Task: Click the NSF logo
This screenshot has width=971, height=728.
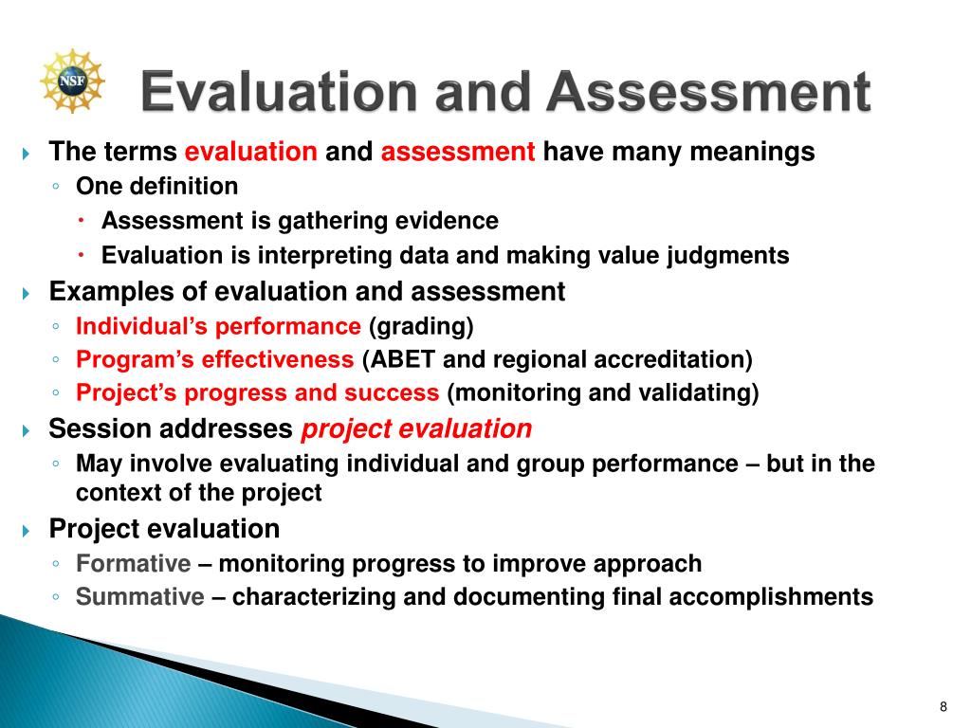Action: coord(72,82)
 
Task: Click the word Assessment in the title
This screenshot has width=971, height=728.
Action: coord(709,92)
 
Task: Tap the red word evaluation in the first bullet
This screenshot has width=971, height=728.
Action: coord(250,152)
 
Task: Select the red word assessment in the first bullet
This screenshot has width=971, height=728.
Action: coord(458,152)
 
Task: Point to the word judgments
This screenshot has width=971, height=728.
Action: coord(727,256)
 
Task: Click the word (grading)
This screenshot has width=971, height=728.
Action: coord(421,326)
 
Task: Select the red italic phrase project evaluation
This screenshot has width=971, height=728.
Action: coord(416,429)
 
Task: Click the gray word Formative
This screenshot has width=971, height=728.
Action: coord(133,564)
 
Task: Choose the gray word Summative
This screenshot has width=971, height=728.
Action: coord(140,597)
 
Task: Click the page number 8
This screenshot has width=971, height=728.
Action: coord(944,707)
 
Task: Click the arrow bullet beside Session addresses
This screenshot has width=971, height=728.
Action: coord(26,430)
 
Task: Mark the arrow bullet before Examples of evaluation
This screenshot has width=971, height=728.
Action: coord(26,293)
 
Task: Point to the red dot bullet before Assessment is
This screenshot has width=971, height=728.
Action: coord(82,221)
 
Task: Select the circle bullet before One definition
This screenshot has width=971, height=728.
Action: coord(56,186)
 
